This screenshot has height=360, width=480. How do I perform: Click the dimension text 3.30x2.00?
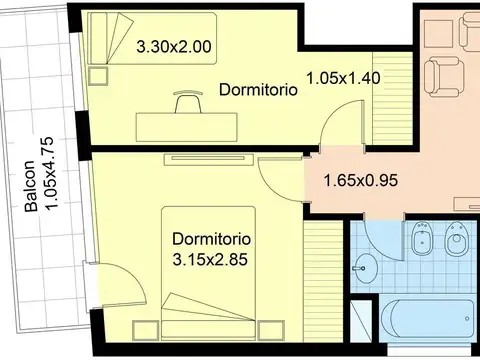[x=174, y=47]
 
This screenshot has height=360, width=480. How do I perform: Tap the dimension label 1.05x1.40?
[x=343, y=78]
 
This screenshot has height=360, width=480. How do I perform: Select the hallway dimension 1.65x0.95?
[x=361, y=181]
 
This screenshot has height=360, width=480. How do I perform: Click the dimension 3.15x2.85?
[x=210, y=259]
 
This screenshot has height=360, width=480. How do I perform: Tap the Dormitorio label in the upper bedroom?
[x=258, y=90]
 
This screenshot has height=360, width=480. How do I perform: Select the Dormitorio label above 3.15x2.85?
[x=211, y=239]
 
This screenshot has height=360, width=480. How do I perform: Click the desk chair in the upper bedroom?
[x=188, y=101]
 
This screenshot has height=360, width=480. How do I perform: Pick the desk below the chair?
[x=187, y=127]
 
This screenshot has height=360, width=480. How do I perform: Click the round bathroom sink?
[x=365, y=268]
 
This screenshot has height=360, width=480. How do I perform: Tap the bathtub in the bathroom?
[x=429, y=318]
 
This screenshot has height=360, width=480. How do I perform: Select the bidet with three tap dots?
[x=421, y=239]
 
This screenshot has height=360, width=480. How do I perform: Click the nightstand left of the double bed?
[x=145, y=330]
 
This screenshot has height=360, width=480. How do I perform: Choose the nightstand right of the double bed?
[x=271, y=330]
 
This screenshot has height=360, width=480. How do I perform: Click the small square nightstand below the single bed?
[x=98, y=76]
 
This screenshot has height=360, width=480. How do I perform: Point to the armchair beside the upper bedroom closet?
[x=444, y=76]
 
